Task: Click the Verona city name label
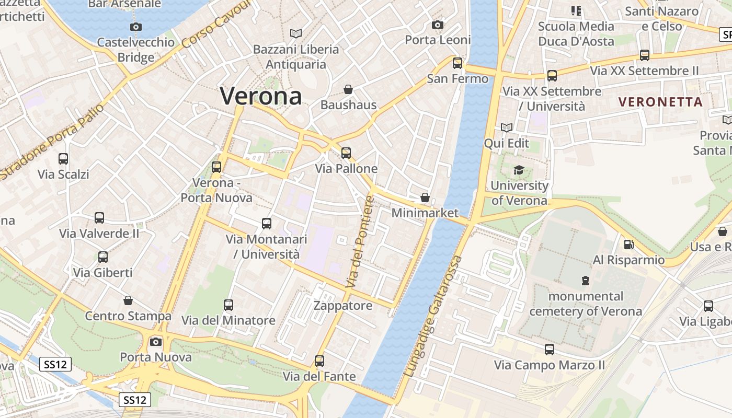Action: pyautogui.click(x=260, y=96)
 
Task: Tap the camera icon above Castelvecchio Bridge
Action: pyautogui.click(x=135, y=27)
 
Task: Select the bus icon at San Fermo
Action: pyautogui.click(x=458, y=63)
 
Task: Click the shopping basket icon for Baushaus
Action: pyautogui.click(x=348, y=89)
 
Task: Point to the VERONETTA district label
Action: pyautogui.click(x=660, y=102)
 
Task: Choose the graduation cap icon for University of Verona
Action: pyautogui.click(x=519, y=170)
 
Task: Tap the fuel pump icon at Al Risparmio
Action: pyautogui.click(x=628, y=245)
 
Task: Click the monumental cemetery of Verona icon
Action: pyautogui.click(x=585, y=281)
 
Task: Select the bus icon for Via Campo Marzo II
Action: pyautogui.click(x=549, y=350)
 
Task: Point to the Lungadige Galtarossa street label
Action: pyautogui.click(x=433, y=317)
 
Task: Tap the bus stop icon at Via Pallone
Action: pyautogui.click(x=346, y=153)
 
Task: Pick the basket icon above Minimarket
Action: pyautogui.click(x=425, y=198)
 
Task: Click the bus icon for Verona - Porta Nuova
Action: pyautogui.click(x=216, y=167)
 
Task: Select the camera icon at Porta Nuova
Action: pyautogui.click(x=155, y=342)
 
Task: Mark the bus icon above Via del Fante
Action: pyautogui.click(x=319, y=361)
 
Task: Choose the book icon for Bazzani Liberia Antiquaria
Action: pyautogui.click(x=296, y=33)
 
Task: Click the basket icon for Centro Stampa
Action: pyautogui.click(x=128, y=300)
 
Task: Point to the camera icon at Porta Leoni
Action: pyautogui.click(x=438, y=25)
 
